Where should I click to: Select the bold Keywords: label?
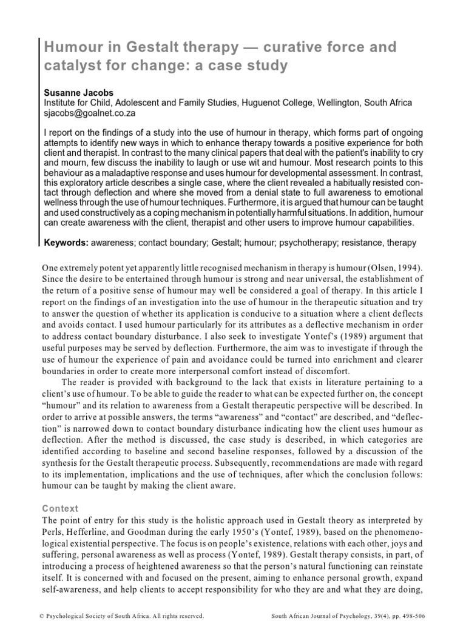[x=66, y=243]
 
